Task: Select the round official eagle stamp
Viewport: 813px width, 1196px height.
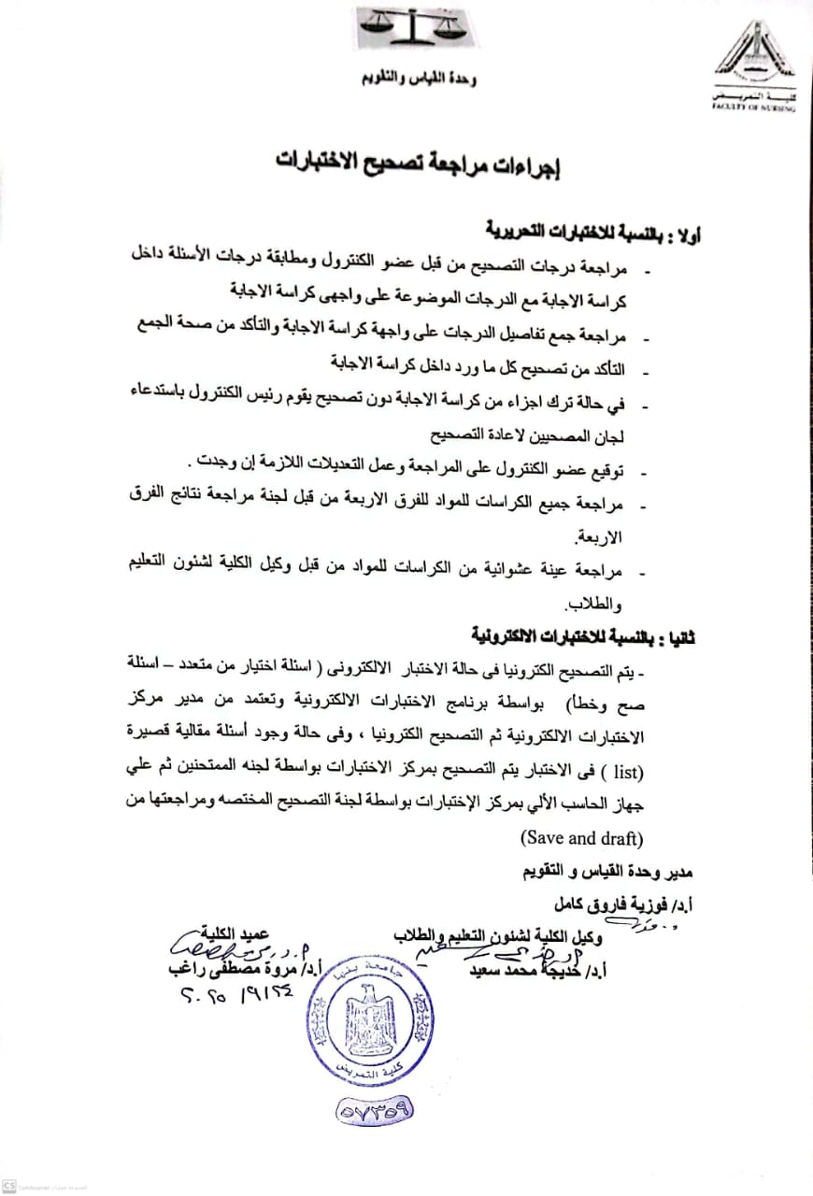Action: click(371, 1024)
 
